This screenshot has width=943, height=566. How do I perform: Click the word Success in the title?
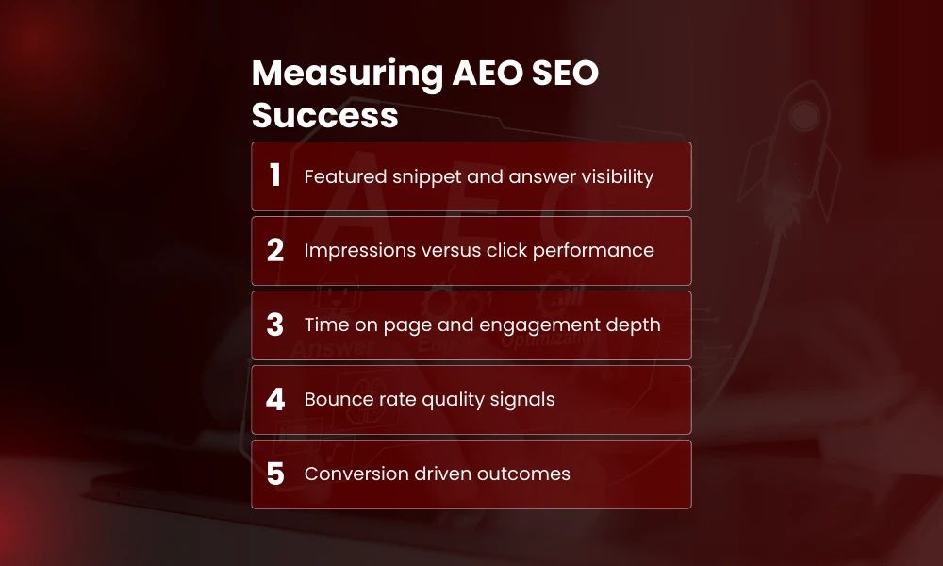(324, 116)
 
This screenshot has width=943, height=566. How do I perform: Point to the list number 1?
(275, 175)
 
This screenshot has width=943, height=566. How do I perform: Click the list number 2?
(275, 250)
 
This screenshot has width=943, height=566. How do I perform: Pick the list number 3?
(275, 325)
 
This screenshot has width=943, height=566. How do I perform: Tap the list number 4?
(275, 399)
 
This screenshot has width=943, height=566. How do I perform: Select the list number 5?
(275, 474)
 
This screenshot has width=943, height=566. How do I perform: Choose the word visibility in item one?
(612, 176)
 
